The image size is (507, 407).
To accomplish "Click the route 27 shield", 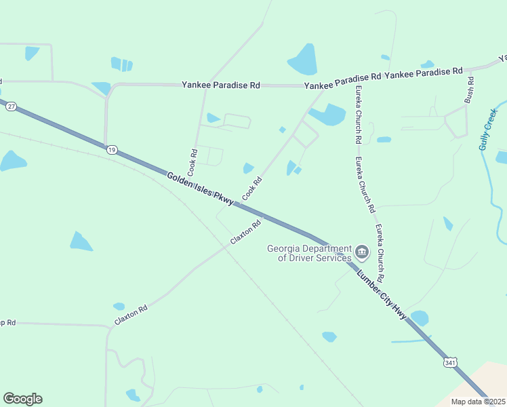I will click(x=11, y=106).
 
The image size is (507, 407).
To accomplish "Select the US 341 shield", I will click(x=450, y=363).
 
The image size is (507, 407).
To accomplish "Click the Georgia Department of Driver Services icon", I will click(x=362, y=253).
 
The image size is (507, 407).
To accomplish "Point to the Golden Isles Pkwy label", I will click(x=200, y=188).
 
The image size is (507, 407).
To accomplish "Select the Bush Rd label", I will click(x=469, y=90).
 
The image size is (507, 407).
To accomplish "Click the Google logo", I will click(x=22, y=399).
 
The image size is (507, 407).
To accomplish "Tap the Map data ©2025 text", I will click(x=479, y=402).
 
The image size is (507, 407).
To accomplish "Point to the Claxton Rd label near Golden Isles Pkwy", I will click(x=245, y=233).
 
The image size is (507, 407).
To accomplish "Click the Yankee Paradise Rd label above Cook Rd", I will click(x=221, y=85).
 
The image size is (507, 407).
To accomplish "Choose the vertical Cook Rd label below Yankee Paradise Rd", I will click(x=194, y=160).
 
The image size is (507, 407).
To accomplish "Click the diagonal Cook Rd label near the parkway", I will click(x=252, y=189).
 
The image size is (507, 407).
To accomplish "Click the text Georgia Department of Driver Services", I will click(x=309, y=253).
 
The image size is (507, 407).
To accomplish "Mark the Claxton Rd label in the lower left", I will click(x=131, y=314).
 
